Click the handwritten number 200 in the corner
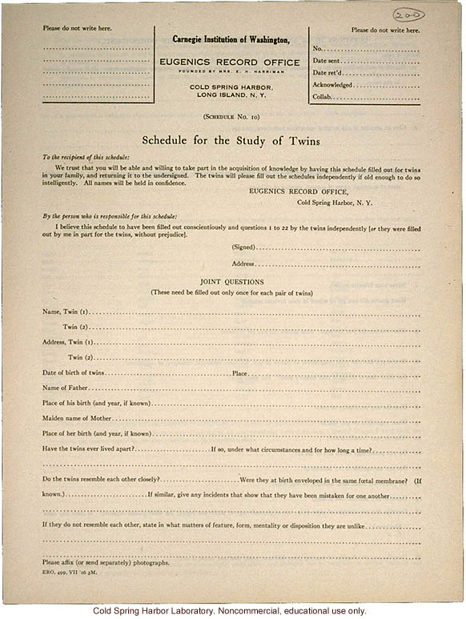408,14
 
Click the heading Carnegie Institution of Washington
231,39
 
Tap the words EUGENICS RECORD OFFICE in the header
231,61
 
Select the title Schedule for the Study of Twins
231,141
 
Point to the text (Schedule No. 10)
231,117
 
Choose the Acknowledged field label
332,85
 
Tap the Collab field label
323,97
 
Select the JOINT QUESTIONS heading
232,282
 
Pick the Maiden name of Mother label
75,419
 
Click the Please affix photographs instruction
106,563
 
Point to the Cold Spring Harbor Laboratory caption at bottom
232,611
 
